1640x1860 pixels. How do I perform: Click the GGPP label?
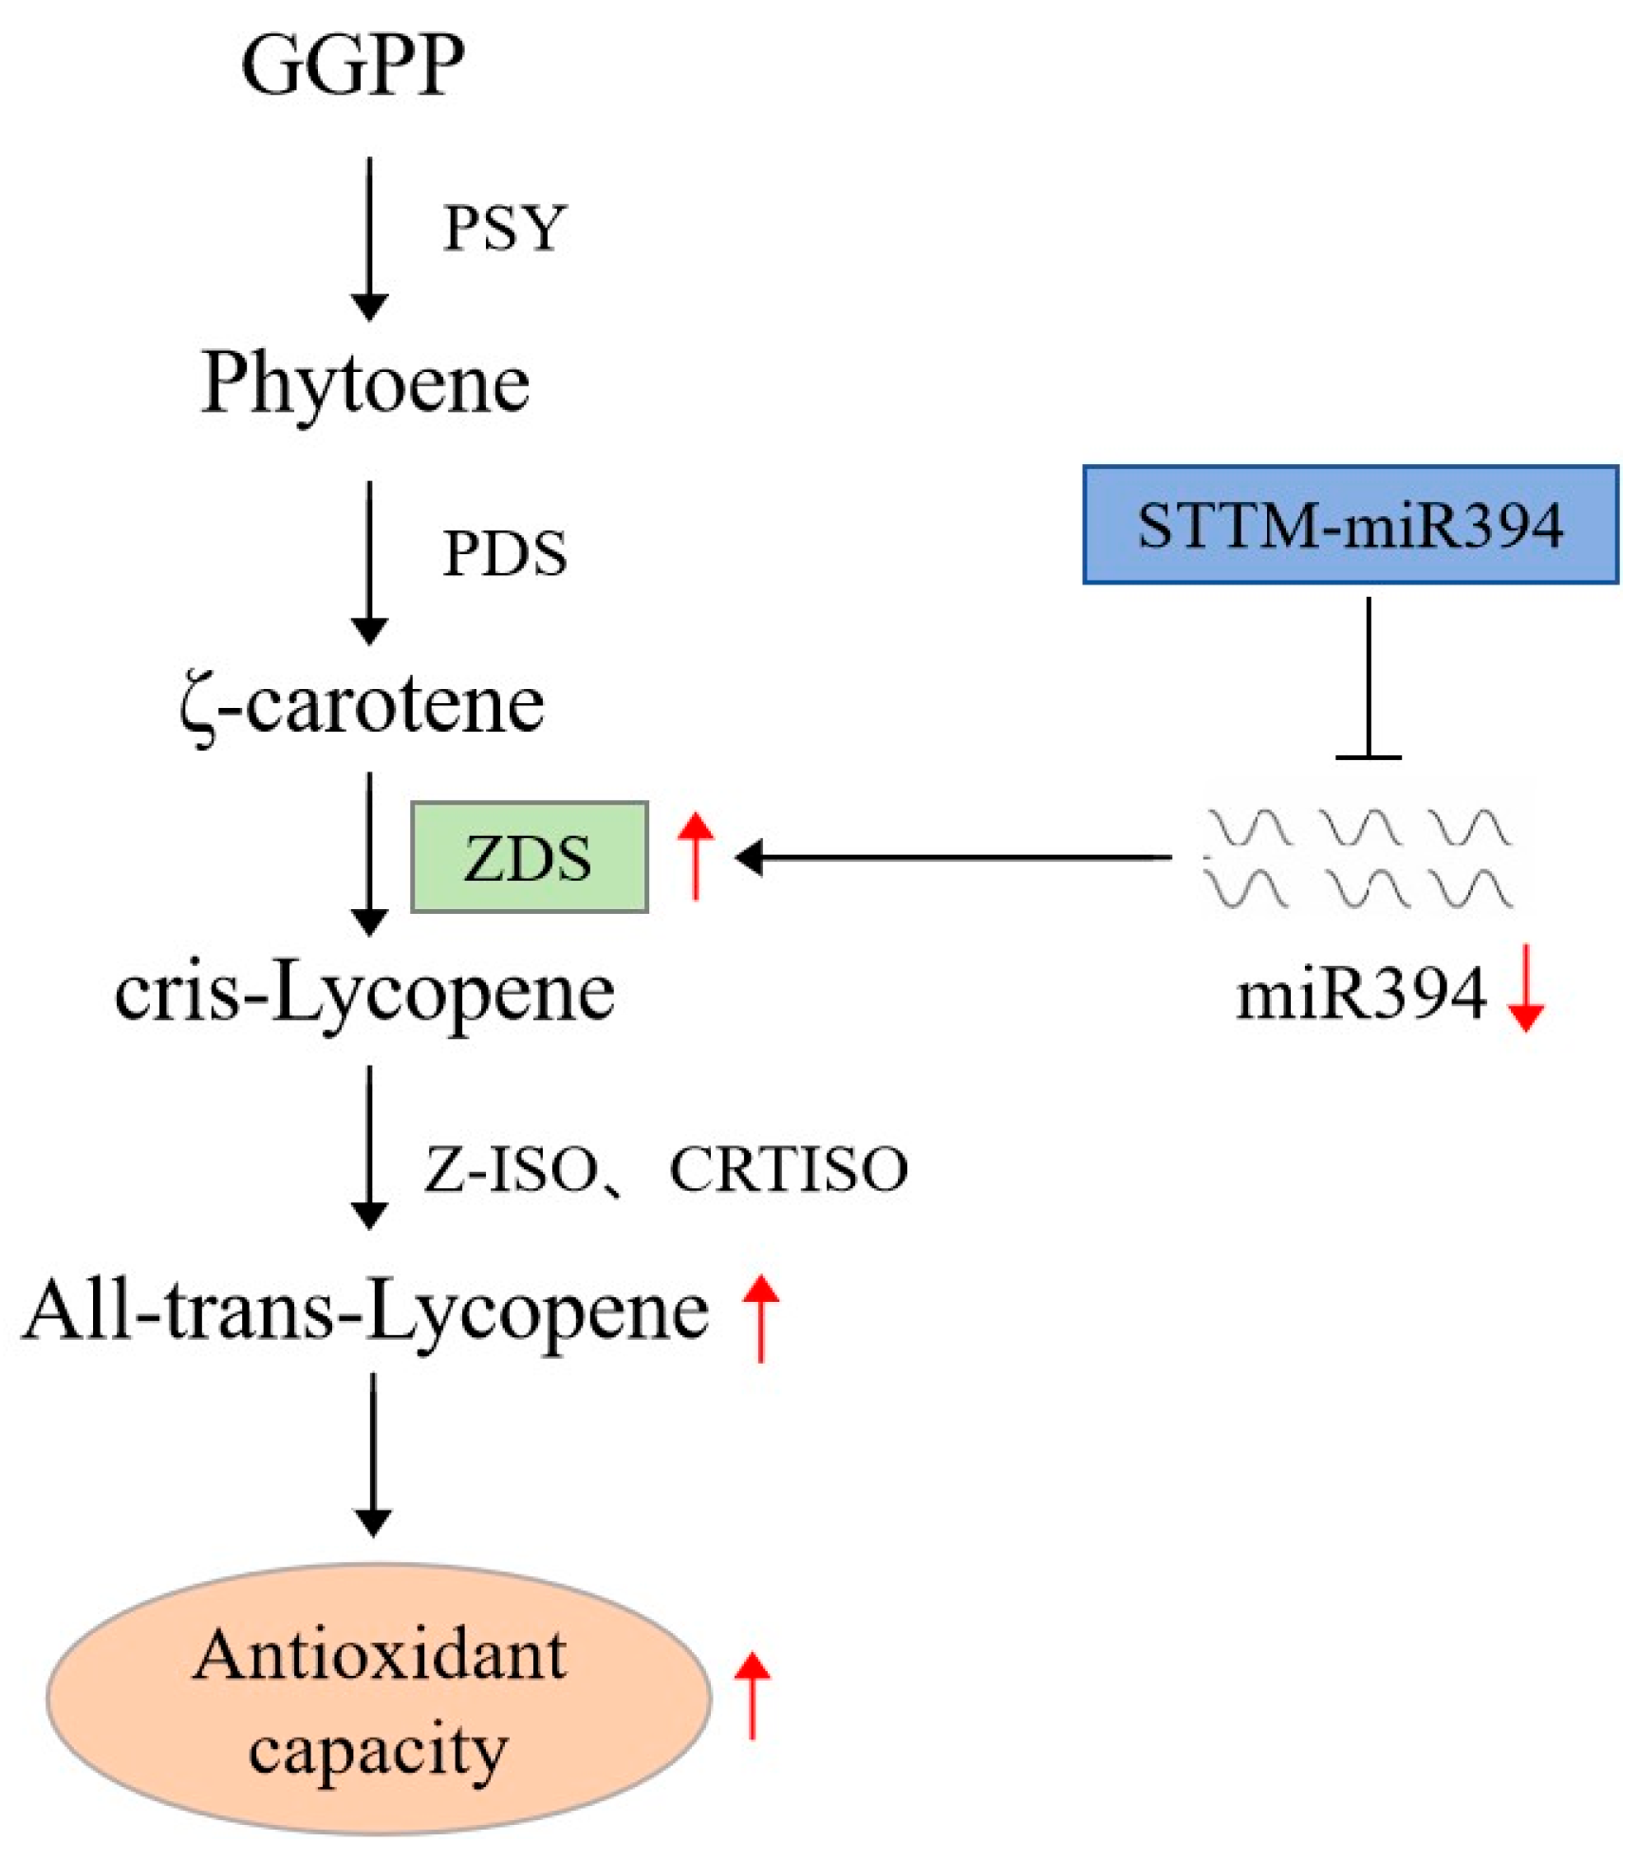point(353,65)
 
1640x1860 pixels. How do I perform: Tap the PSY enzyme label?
point(505,228)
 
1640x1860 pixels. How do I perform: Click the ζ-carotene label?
point(363,704)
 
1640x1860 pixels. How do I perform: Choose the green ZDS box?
point(529,857)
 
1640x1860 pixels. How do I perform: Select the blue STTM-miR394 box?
point(1350,524)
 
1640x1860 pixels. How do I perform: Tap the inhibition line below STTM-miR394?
point(1368,679)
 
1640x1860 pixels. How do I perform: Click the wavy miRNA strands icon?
point(1359,857)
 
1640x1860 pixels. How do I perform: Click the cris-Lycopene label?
point(364,992)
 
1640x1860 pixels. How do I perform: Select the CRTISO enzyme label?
point(789,1168)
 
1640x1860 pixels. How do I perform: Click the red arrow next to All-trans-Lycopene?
point(760,1317)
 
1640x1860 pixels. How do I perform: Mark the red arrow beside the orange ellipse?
point(753,1695)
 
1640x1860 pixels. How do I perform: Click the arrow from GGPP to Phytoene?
point(369,237)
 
